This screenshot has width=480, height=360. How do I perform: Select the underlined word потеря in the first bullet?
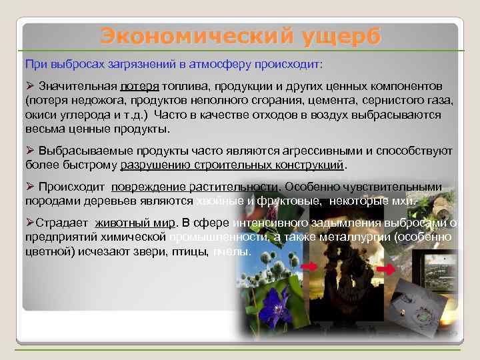140,87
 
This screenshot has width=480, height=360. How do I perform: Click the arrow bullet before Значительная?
29,87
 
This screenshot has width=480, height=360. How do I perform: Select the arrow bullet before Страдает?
29,223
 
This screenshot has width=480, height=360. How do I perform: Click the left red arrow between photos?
309,266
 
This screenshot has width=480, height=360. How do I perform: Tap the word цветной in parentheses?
46,252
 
